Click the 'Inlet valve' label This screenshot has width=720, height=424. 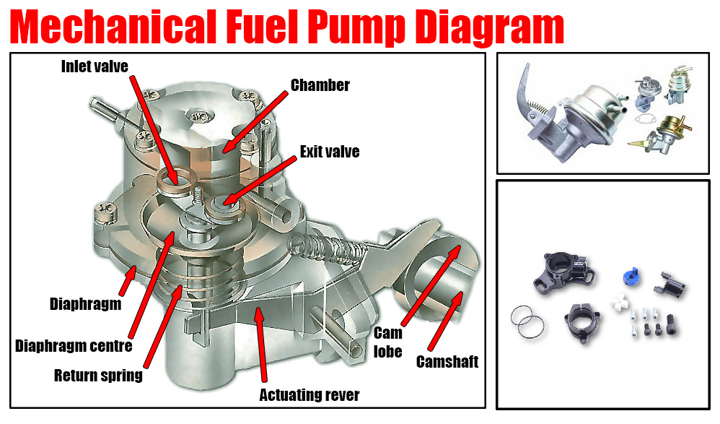tap(95, 66)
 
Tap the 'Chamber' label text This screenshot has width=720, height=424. tap(320, 85)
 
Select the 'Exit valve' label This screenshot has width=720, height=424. tap(330, 152)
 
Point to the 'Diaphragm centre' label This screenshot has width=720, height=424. tap(74, 346)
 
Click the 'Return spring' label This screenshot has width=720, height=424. tap(98, 376)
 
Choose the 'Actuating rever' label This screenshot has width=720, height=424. tap(309, 394)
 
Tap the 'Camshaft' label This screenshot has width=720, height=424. tap(447, 362)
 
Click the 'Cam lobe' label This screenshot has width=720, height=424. tap(388, 342)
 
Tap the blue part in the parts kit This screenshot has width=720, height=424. tap(632, 275)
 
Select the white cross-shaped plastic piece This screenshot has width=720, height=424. tap(620, 302)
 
